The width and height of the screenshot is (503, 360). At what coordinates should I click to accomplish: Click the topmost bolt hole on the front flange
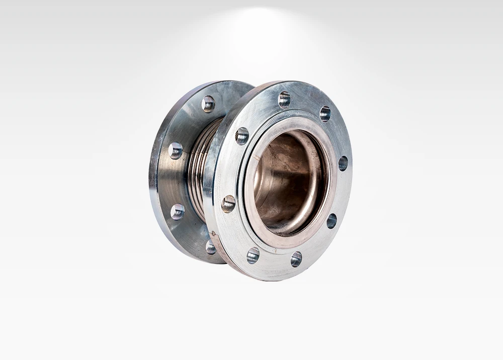tap(284, 100)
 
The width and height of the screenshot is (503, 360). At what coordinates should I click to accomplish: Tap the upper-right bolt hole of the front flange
tap(325, 114)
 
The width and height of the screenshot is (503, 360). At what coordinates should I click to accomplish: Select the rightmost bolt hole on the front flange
tap(343, 163)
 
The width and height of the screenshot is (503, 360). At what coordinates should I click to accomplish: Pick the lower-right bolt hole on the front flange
tap(331, 221)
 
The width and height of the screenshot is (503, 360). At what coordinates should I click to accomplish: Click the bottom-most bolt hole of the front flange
tap(296, 259)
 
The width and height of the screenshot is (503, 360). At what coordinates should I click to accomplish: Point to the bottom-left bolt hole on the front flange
tap(253, 255)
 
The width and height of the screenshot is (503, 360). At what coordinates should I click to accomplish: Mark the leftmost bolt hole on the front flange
tap(228, 204)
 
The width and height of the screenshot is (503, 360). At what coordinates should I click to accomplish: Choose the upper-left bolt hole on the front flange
tap(242, 136)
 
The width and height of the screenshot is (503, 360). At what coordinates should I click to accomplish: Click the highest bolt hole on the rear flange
tap(208, 104)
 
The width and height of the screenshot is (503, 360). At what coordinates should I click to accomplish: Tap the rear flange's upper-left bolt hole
tap(176, 150)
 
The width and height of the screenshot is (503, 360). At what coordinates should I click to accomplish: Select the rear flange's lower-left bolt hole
tap(178, 212)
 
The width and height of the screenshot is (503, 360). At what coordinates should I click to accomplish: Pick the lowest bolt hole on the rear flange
tap(211, 246)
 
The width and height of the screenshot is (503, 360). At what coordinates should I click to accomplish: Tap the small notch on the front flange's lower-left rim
tap(214, 233)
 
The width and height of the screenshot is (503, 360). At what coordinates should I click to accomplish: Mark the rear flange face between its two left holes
tap(174, 181)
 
